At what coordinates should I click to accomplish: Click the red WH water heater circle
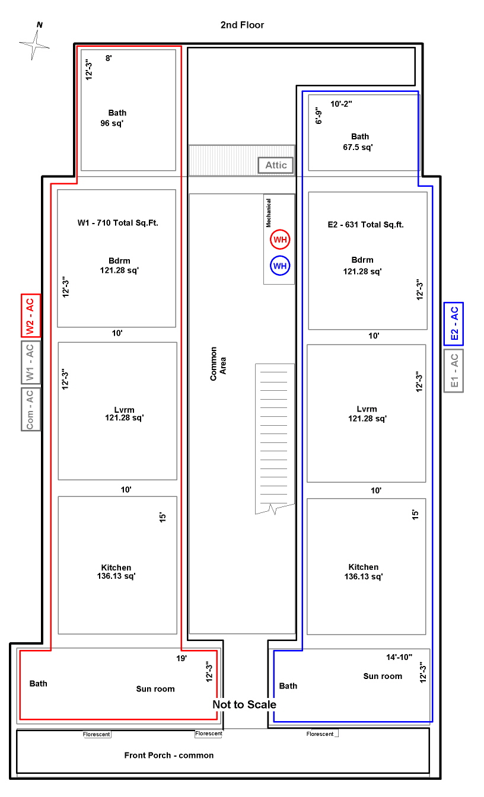[x=280, y=240]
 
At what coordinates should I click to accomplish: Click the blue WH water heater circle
[x=280, y=266]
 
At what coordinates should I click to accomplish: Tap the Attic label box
[x=276, y=165]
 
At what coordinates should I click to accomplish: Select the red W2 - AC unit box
[x=31, y=315]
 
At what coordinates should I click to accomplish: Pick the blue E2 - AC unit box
[x=454, y=324]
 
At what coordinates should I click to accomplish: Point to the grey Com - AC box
[x=31, y=410]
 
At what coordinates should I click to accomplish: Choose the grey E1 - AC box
[x=454, y=371]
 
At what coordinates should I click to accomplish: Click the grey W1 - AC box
[x=31, y=362]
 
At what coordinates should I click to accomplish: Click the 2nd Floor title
[x=243, y=25]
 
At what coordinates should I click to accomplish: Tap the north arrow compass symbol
[x=34, y=44]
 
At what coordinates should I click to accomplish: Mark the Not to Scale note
[x=244, y=704]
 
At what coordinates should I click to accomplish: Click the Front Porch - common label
[x=169, y=755]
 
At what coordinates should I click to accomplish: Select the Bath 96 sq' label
[x=113, y=118]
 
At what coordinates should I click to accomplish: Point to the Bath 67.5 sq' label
[x=358, y=142]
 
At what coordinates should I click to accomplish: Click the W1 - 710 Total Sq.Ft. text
[x=118, y=223]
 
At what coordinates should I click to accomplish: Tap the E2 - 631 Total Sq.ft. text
[x=366, y=225]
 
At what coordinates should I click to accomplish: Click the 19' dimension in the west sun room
[x=181, y=659]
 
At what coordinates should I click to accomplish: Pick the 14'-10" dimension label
[x=399, y=657]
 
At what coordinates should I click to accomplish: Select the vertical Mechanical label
[x=269, y=213]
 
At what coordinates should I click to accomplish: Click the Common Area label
[x=218, y=364]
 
